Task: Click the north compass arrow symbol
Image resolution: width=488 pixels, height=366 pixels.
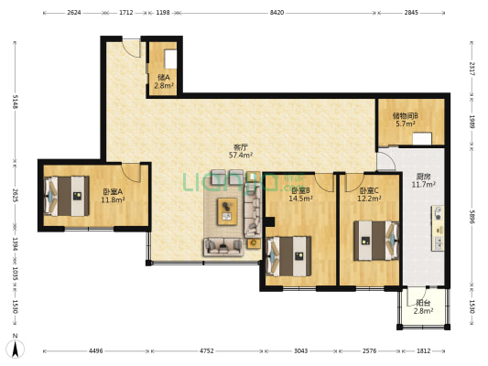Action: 15,349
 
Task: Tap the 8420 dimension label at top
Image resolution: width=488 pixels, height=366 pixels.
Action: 277,13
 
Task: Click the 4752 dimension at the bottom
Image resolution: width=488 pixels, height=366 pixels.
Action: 206,351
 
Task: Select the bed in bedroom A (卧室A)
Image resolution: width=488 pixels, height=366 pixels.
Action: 67,196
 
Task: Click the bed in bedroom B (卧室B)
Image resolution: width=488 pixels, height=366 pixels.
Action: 288,256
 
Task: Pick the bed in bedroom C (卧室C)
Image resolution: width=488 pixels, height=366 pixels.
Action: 376,241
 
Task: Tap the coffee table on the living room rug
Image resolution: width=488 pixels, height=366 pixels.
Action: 227,211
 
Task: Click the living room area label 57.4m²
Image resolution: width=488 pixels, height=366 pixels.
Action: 241,155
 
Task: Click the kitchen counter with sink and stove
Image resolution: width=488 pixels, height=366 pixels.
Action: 438,228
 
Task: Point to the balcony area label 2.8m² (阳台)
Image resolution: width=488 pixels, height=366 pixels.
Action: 423,311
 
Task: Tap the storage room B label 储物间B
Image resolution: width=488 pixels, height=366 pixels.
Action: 406,116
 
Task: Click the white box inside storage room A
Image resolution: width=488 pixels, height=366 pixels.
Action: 170,59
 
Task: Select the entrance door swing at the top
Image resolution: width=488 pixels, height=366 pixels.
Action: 131,48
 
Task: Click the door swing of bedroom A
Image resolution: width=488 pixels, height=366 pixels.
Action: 131,173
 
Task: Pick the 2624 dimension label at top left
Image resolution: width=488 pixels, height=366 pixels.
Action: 74,13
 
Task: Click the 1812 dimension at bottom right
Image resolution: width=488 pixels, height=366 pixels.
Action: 423,351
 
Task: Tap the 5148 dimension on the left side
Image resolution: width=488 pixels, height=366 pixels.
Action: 15,102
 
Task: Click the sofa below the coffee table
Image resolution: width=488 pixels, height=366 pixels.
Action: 223,247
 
